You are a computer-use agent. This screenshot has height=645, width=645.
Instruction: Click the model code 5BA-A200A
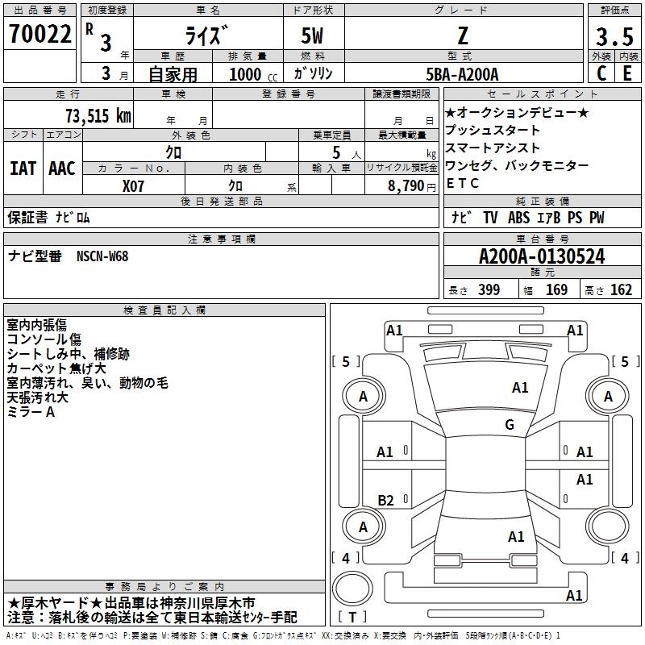[x=462, y=74]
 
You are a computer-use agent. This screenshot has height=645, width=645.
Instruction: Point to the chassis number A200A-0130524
[x=542, y=257]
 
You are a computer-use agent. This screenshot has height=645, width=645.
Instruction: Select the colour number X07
[x=133, y=185]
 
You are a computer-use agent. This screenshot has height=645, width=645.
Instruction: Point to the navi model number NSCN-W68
[x=102, y=256]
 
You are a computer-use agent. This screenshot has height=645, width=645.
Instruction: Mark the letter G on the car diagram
[x=510, y=425]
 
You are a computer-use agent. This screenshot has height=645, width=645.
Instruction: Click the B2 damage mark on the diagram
[x=386, y=501]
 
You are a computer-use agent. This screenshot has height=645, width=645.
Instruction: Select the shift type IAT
[x=23, y=168]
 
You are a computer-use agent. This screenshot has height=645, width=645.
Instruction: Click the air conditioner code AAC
[x=62, y=168]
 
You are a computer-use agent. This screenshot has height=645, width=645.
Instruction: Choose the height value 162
[x=621, y=289]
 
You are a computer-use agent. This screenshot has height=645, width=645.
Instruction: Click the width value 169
[x=556, y=289]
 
